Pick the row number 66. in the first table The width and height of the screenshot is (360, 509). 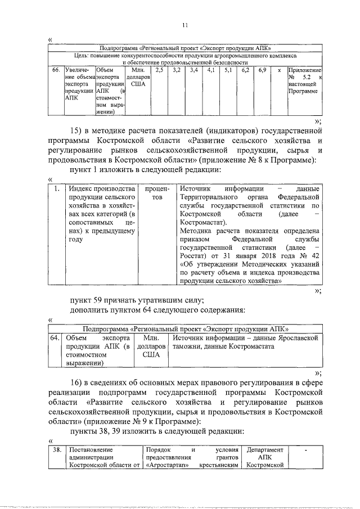pyautogui.click(x=56, y=71)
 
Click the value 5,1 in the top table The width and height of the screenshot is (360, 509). pyautogui.click(x=228, y=71)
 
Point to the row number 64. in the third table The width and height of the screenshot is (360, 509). pyautogui.click(x=55, y=338)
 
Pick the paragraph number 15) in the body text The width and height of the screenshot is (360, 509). pyautogui.click(x=78, y=132)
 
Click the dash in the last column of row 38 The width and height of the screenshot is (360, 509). pyautogui.click(x=306, y=450)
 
